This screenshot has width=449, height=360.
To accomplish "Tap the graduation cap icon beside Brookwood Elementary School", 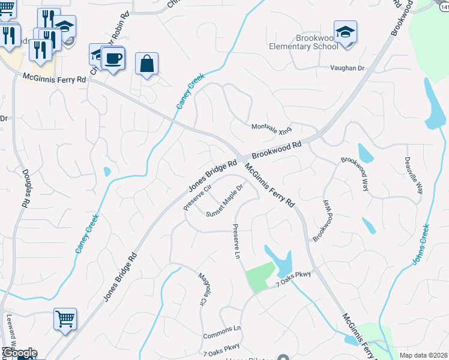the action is point(345,31).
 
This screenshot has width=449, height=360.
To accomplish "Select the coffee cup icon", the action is point(112,59).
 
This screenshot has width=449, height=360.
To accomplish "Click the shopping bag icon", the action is point(146,63).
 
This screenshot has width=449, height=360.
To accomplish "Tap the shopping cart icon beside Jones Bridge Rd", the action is point(65,319).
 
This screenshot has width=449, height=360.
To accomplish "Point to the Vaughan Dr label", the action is point(348,68).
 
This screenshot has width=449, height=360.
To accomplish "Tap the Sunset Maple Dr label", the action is point(224,200).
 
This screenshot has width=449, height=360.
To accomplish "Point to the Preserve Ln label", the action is point(236,242).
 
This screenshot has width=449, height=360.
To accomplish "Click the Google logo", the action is point(19,353).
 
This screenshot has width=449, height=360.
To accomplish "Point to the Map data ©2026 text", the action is point(423,355).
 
